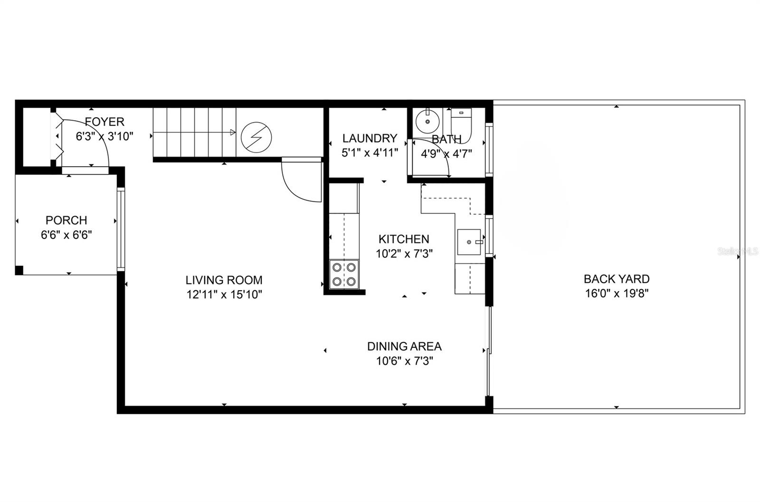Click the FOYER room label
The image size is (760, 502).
[104, 122]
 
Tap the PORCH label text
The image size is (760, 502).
[66, 220]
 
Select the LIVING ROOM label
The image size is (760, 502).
[224, 280]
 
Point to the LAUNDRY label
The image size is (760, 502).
[370, 138]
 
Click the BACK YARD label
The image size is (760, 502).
[617, 279]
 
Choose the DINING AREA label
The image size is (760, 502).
[404, 346]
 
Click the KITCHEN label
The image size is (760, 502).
[404, 239]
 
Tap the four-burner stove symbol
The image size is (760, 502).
[344, 274]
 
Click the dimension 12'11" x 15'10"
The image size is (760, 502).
[224, 295]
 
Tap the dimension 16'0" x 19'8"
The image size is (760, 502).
[617, 294]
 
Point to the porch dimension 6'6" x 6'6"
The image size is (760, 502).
[66, 235]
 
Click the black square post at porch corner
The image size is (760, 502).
[19, 270]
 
